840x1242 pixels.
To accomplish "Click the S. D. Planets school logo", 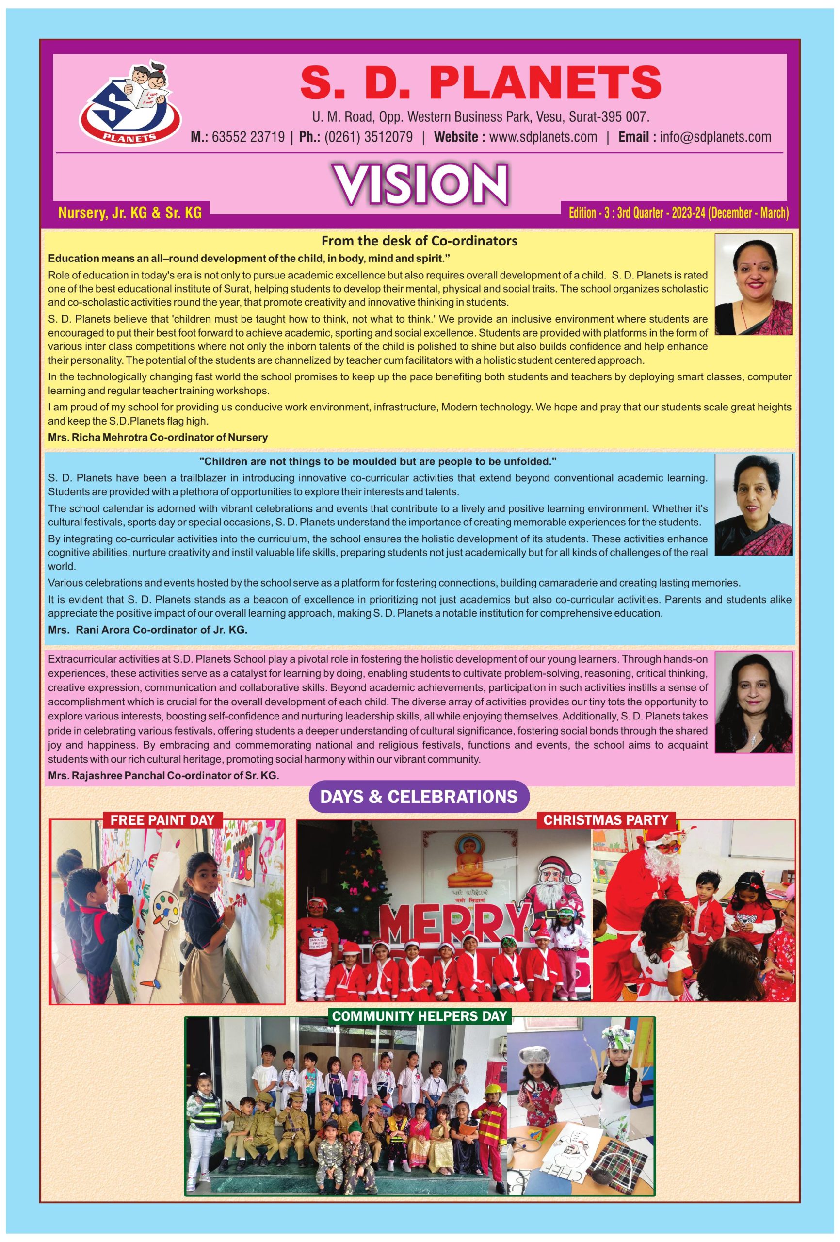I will click(130, 104).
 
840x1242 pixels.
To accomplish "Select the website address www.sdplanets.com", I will click(543, 137).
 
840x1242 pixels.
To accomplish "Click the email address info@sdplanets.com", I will click(715, 137).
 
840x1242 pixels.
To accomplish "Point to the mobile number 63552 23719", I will click(248, 137).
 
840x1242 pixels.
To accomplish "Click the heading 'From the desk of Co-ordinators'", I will click(420, 241).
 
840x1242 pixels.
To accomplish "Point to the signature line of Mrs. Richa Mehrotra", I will click(158, 437).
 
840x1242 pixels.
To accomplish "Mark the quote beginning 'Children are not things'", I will click(378, 461).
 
